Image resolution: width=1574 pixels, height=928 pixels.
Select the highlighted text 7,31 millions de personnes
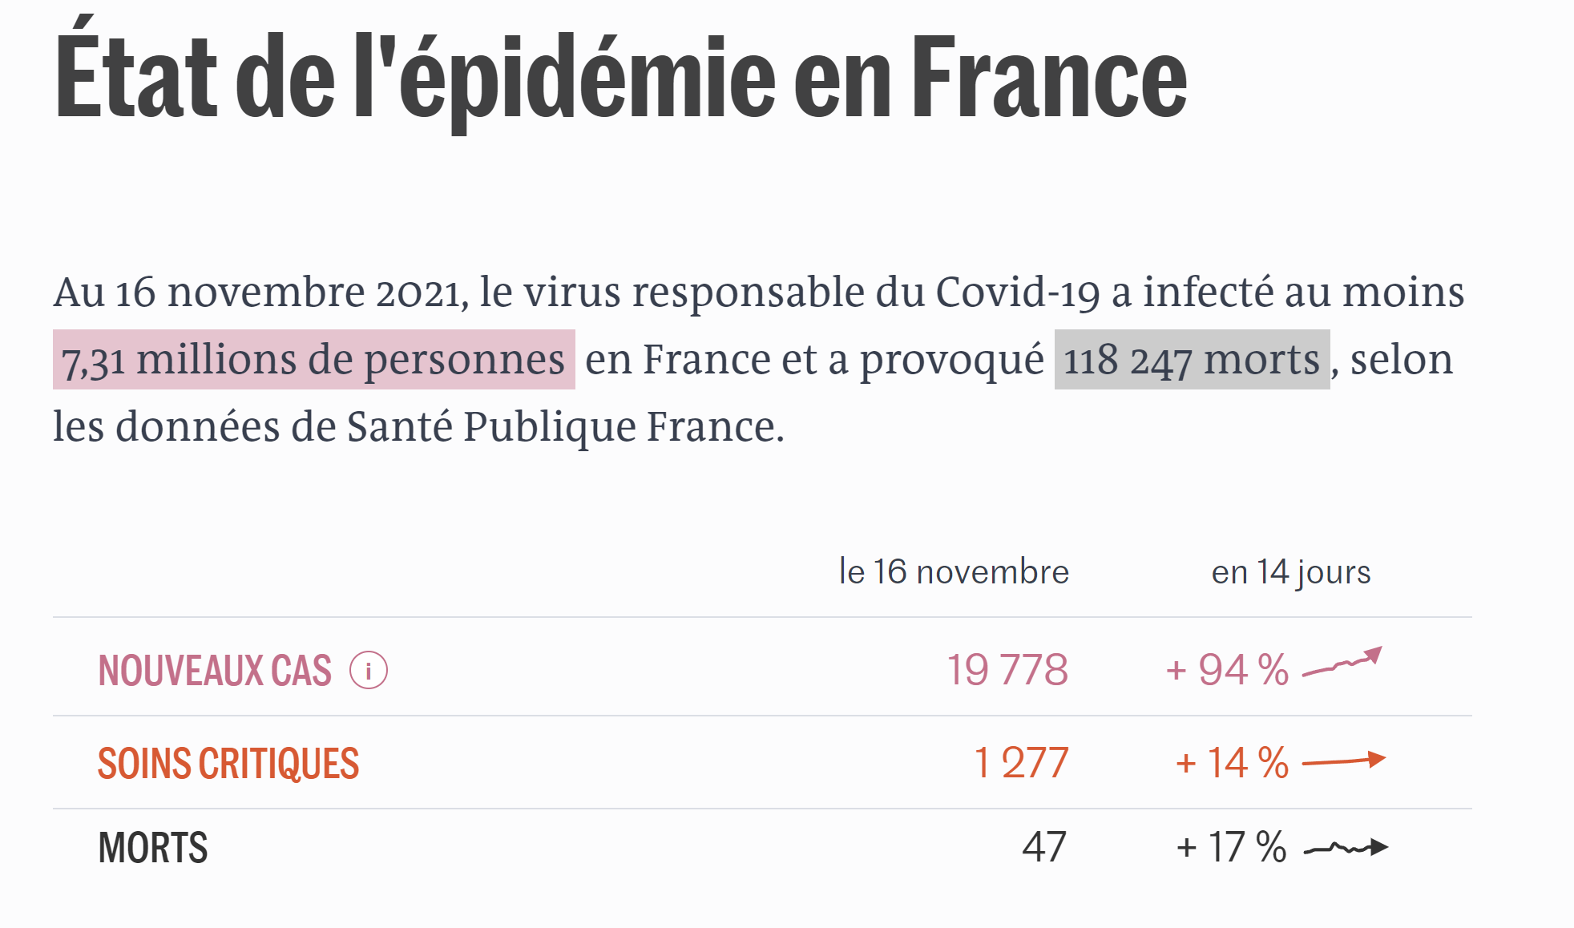(313, 360)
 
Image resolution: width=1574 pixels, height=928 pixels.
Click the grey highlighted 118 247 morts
(1192, 360)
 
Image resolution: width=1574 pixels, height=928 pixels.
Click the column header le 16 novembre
(954, 572)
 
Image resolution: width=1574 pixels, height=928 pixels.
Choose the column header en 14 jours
(1290, 572)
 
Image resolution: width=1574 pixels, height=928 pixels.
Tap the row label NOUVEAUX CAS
(215, 671)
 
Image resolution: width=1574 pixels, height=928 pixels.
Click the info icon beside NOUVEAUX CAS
(369, 671)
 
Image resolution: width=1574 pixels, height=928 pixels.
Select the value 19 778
(1007, 670)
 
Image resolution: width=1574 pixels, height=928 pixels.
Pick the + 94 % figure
(1227, 670)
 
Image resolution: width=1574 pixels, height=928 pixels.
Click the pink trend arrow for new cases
(1343, 663)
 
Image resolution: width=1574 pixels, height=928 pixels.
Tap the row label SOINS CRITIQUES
(228, 763)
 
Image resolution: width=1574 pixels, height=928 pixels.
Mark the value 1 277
(1021, 762)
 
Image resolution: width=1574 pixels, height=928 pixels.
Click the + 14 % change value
(1232, 762)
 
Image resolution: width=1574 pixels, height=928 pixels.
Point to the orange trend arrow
(1344, 761)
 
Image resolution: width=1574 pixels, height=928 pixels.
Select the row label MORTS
(153, 848)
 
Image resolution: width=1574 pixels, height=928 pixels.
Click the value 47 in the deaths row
(1043, 847)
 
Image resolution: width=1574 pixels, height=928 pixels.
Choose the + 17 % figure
(1231, 847)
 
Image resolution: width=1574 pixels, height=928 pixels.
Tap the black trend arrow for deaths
(1346, 848)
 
